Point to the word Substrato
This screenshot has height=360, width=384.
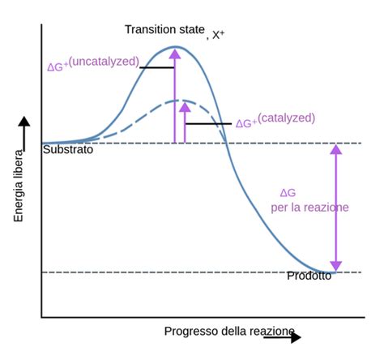68,150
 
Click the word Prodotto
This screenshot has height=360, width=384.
309,276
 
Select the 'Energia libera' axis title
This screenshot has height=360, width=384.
18,186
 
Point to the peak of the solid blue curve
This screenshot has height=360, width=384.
175,48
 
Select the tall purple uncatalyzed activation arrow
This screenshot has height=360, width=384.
174,97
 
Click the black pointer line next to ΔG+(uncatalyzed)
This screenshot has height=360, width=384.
157,67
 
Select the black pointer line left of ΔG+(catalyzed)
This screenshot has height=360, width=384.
209,124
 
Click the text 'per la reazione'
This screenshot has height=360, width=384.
309,208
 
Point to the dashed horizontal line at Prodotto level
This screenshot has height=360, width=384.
162,272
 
